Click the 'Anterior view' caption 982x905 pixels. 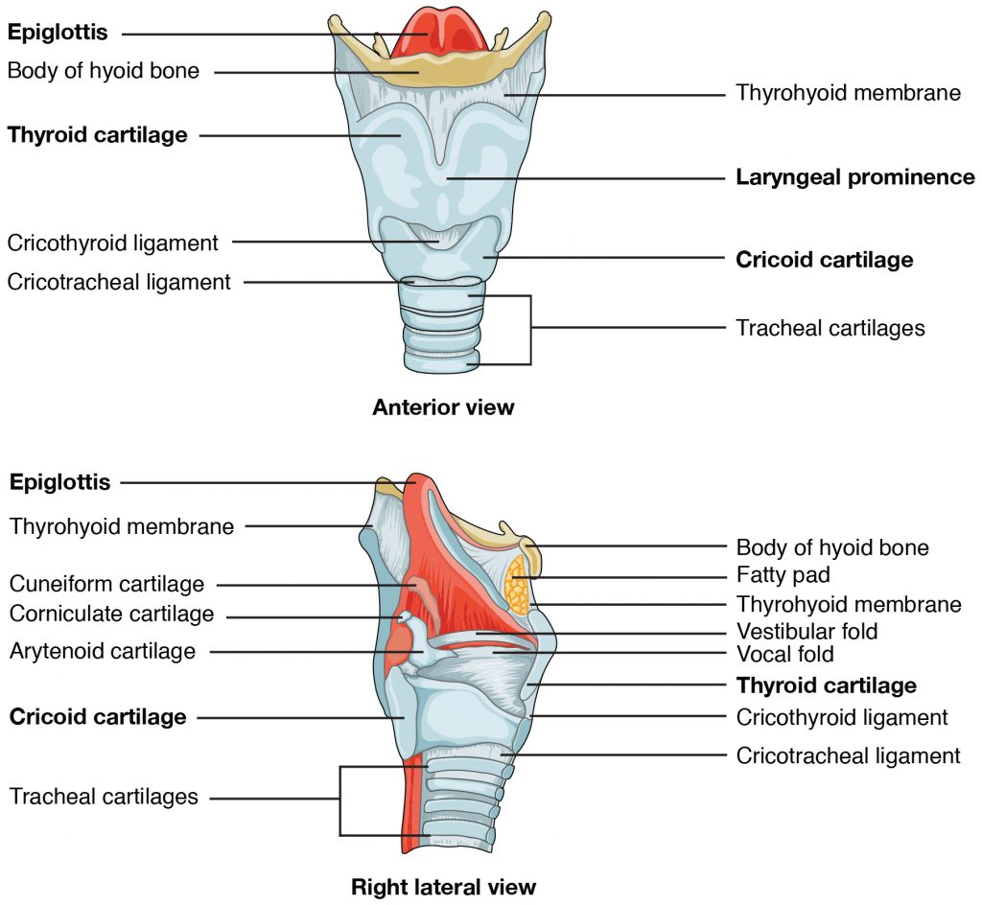click(x=443, y=407)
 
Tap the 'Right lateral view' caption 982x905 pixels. click(x=443, y=886)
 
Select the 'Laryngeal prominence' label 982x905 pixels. click(x=854, y=177)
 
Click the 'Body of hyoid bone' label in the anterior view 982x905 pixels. click(x=104, y=71)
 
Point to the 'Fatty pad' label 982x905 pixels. click(x=783, y=576)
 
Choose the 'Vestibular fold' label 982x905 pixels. click(x=807, y=632)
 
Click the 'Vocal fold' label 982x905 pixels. click(x=784, y=655)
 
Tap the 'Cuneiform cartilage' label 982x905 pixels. click(x=107, y=584)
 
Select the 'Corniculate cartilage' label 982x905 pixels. click(x=111, y=614)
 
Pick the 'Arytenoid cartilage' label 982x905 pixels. click(x=103, y=652)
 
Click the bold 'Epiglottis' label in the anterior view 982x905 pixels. click(x=57, y=34)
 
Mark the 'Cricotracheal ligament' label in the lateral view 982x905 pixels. click(x=848, y=755)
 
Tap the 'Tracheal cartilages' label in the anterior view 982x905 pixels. click(x=830, y=328)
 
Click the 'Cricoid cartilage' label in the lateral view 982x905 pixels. click(x=98, y=717)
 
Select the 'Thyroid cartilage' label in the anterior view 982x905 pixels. click(x=98, y=135)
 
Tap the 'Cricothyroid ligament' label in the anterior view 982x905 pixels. click(x=113, y=243)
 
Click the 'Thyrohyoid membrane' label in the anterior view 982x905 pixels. click(x=848, y=93)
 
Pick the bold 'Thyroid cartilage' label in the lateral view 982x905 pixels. click(x=826, y=685)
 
